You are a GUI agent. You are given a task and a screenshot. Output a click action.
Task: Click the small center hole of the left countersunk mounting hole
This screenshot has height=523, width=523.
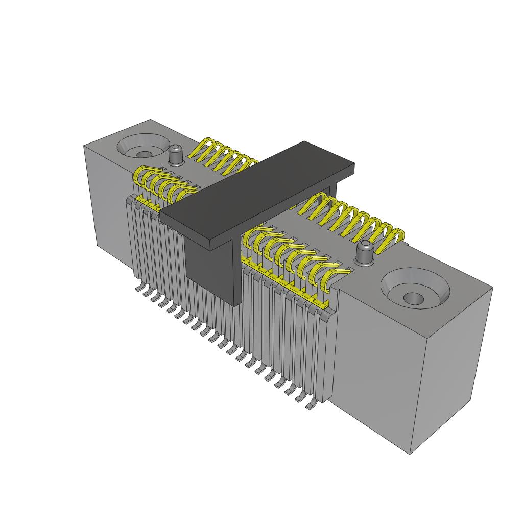145,154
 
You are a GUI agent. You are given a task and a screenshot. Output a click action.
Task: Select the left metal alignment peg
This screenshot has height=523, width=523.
176,155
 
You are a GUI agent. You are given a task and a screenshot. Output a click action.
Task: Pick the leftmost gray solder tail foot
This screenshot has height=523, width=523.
138,289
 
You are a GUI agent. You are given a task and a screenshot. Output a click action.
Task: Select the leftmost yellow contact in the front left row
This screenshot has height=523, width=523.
139,176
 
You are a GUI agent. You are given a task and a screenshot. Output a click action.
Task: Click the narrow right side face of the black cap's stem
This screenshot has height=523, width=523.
237,271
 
